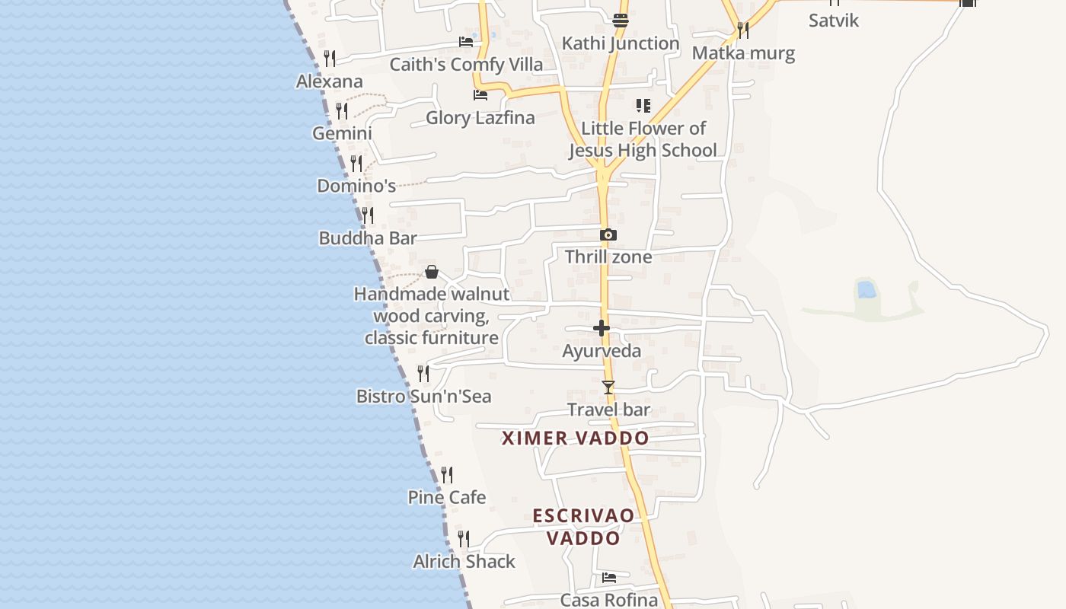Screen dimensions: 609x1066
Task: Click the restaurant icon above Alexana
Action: point(330,59)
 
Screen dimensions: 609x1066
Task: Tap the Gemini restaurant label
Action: point(342,133)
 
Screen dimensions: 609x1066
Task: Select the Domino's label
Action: point(356,186)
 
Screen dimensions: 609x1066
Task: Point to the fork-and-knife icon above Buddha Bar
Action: point(367,215)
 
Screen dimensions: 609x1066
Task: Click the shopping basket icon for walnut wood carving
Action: point(432,272)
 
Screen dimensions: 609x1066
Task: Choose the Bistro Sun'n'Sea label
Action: point(423,396)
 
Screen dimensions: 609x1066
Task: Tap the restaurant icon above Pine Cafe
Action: point(447,475)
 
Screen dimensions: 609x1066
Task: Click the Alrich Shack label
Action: point(464,562)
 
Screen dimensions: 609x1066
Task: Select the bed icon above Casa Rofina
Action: point(608,578)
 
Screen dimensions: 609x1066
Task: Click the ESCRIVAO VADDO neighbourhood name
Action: point(583,527)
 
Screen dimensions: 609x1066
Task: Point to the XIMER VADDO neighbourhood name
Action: point(575,438)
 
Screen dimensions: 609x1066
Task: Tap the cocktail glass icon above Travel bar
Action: point(608,387)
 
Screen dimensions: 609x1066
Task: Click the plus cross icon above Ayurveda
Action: point(602,328)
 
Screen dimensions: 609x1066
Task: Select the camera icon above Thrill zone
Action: point(608,235)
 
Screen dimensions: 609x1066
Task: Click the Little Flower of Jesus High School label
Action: point(643,139)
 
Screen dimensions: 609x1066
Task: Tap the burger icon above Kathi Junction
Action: point(621,21)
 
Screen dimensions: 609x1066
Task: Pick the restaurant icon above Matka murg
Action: point(742,30)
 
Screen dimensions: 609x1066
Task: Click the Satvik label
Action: point(833,21)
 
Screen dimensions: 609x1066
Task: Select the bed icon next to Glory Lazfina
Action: point(480,95)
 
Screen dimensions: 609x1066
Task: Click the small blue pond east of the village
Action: point(866,289)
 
